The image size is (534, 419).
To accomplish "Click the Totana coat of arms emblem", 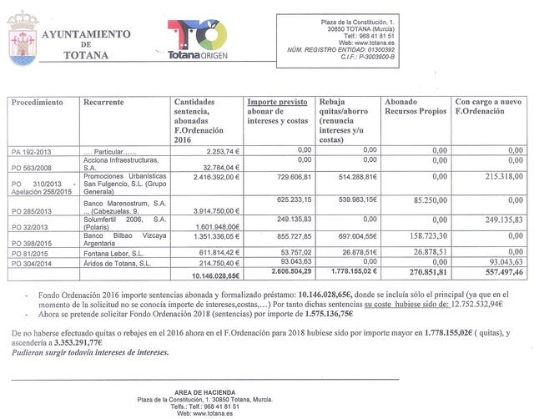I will pyautogui.click(x=22, y=42).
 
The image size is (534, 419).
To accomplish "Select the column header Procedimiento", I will pyautogui.click(x=38, y=103).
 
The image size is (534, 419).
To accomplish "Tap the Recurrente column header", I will pyautogui.click(x=104, y=103).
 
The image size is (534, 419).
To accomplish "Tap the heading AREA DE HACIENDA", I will pyautogui.click(x=205, y=392).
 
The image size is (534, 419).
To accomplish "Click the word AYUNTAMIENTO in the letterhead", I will pyautogui.click(x=87, y=33).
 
